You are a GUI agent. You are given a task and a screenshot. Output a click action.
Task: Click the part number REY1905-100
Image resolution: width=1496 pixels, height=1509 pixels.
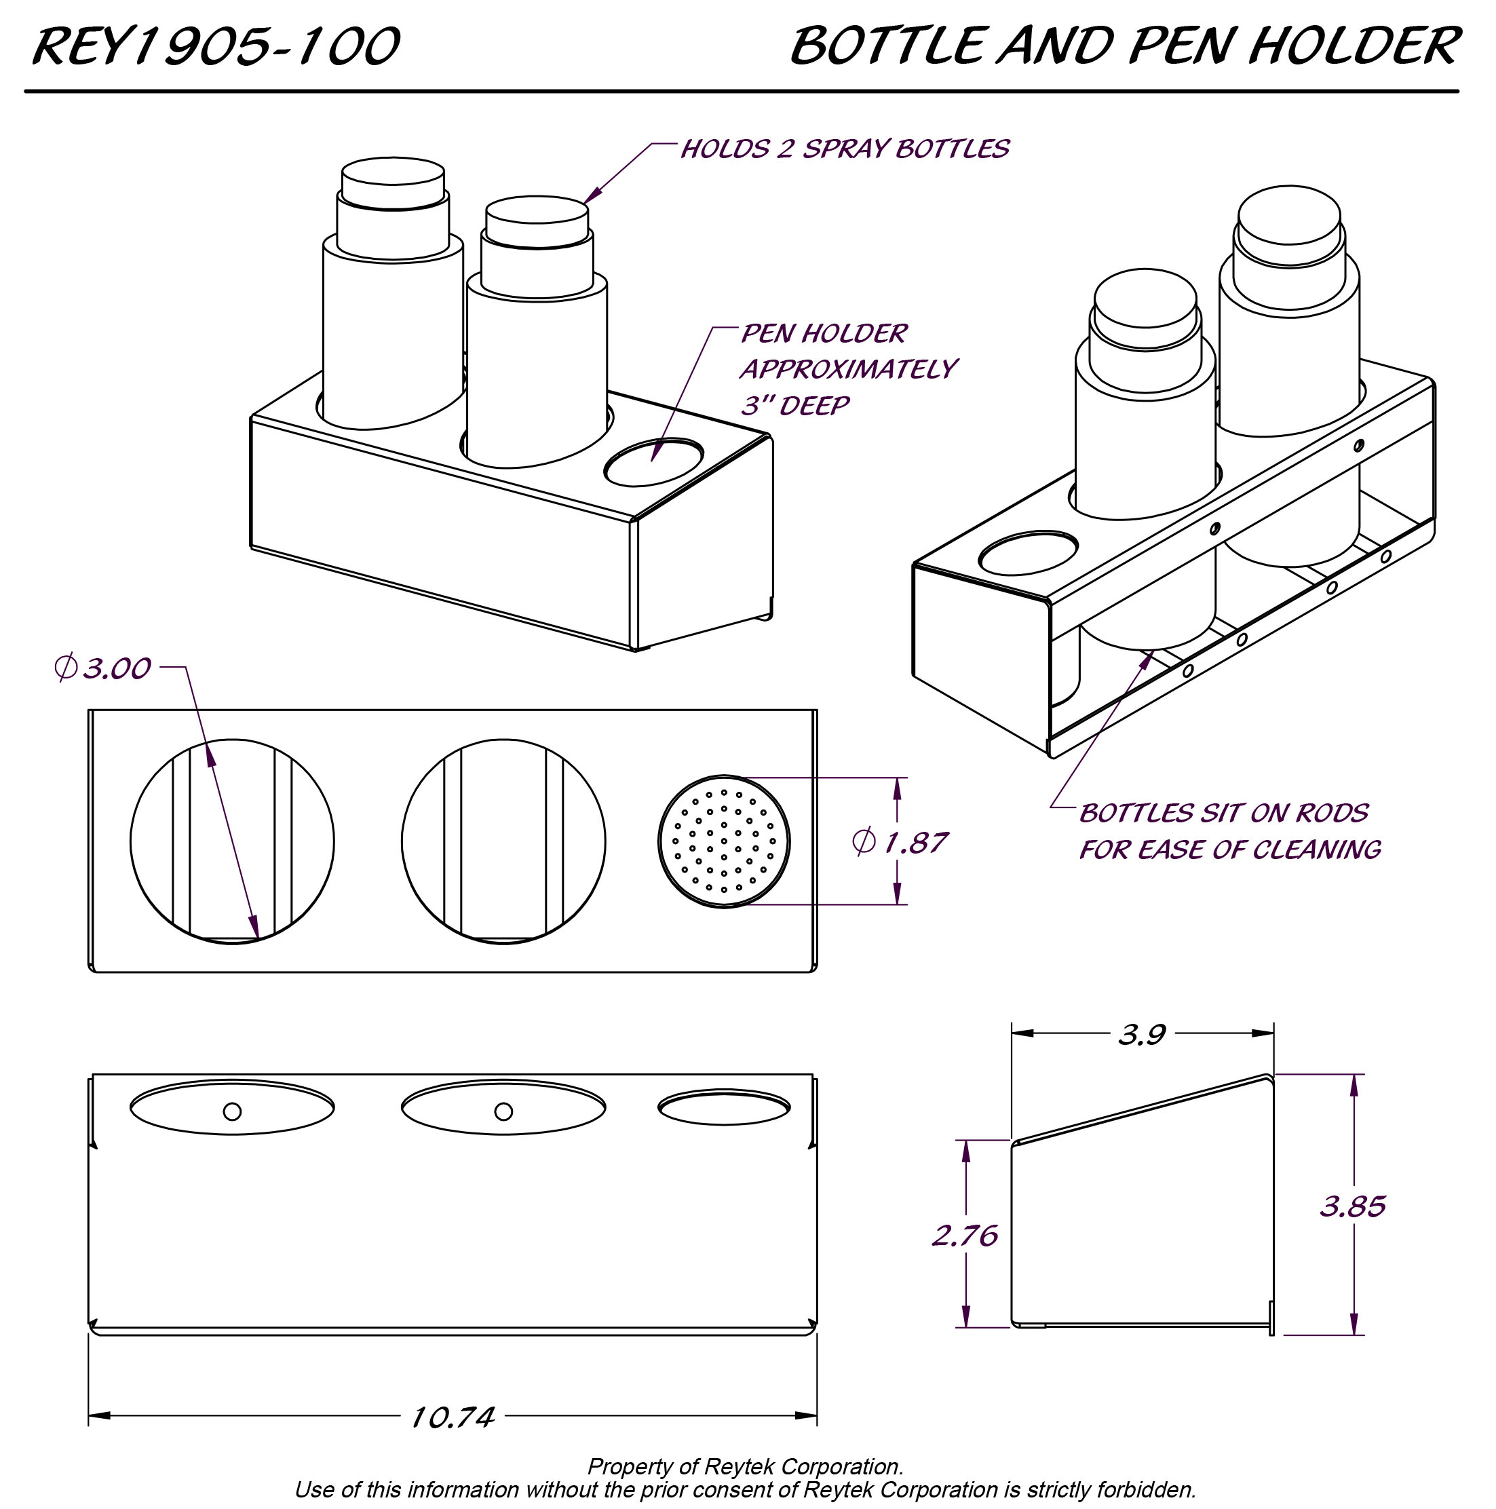click(216, 47)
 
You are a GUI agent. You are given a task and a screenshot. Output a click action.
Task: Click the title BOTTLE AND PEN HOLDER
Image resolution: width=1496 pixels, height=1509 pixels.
click(1124, 47)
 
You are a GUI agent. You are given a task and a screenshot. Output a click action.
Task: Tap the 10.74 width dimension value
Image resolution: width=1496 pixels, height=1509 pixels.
click(453, 1417)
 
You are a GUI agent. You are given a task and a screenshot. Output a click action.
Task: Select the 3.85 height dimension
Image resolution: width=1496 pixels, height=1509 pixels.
click(1352, 1207)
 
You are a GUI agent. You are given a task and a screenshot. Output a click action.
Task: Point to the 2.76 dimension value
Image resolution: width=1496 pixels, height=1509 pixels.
click(965, 1236)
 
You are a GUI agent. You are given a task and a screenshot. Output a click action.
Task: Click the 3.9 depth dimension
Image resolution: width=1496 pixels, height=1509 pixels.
click(1140, 1035)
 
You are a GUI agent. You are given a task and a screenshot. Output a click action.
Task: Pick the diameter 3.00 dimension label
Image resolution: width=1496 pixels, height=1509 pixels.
click(103, 668)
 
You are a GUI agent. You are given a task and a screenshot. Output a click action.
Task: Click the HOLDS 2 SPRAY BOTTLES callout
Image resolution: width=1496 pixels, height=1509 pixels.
click(845, 149)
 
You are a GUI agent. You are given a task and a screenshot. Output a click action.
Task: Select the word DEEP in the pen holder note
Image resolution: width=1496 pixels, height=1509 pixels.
click(814, 406)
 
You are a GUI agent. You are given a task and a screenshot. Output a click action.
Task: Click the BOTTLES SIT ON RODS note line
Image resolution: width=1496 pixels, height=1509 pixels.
click(1223, 813)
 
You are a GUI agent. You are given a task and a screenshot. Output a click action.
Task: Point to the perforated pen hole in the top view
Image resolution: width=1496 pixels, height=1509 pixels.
click(723, 841)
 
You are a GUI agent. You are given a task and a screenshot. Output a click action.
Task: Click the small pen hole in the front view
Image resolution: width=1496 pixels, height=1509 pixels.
click(723, 1108)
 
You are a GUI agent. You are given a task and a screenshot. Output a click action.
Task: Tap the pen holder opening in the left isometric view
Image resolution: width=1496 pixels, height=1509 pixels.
click(654, 462)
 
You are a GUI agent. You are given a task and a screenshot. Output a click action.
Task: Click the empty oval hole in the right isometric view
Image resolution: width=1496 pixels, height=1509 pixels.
click(1028, 553)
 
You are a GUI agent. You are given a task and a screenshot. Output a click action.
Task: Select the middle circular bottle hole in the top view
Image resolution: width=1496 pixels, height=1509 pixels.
click(503, 841)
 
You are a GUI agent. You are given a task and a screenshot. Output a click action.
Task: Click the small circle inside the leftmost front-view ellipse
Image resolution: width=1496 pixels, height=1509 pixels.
click(232, 1111)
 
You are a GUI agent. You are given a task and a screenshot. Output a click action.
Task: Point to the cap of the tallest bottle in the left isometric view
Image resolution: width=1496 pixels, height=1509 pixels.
click(393, 181)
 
